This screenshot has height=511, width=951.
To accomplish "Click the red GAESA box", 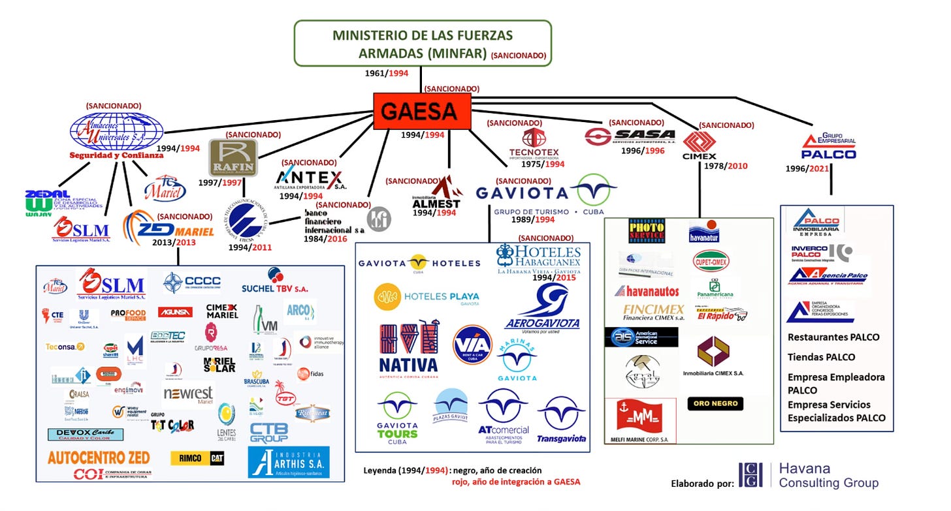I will click(x=422, y=111).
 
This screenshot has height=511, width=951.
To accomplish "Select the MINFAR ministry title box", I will click(x=423, y=43).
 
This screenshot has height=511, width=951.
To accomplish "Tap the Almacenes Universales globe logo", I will click(x=117, y=132).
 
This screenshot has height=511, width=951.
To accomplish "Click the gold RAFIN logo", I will click(x=233, y=157).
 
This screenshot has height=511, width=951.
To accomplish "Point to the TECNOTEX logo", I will click(x=534, y=143).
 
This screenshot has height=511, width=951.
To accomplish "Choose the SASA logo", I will click(x=630, y=136).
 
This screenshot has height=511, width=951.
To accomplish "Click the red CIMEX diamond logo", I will click(x=699, y=142).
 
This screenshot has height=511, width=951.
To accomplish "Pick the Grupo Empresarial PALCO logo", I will click(x=828, y=147).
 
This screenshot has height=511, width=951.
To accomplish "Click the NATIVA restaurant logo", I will click(x=408, y=348).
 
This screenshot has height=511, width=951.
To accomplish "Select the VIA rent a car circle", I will click(x=472, y=344).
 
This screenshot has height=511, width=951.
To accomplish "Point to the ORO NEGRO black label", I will click(x=715, y=403).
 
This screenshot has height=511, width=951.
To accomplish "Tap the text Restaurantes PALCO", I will click(x=833, y=337).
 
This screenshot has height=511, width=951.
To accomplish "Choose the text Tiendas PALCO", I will click(x=821, y=357).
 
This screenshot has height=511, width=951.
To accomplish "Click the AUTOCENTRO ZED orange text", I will click(x=98, y=457).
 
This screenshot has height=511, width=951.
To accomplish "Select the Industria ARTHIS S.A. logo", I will click(x=289, y=462).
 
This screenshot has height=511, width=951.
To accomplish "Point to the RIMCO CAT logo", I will click(x=197, y=459).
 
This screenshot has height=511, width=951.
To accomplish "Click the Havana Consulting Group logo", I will click(x=809, y=475).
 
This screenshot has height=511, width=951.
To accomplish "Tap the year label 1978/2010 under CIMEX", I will click(x=726, y=166).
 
